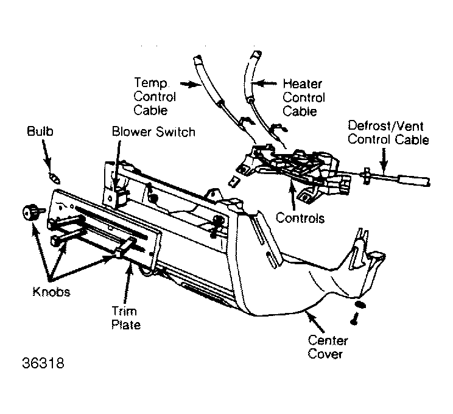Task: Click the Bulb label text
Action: point(40,131)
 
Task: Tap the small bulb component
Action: point(55,178)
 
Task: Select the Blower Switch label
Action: point(153,132)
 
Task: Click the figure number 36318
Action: point(43,363)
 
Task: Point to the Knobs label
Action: point(51,292)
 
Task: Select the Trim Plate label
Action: point(126,318)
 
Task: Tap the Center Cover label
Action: point(328,347)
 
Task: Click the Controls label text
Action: point(300,218)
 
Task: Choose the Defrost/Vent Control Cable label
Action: point(388,133)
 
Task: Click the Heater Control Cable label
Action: point(304,97)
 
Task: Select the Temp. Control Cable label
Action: point(155,96)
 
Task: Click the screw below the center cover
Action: point(354,319)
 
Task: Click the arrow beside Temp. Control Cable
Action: point(191,84)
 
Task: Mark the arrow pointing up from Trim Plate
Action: point(127,284)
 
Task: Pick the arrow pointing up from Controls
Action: point(292,196)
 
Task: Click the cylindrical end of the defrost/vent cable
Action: point(413,180)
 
